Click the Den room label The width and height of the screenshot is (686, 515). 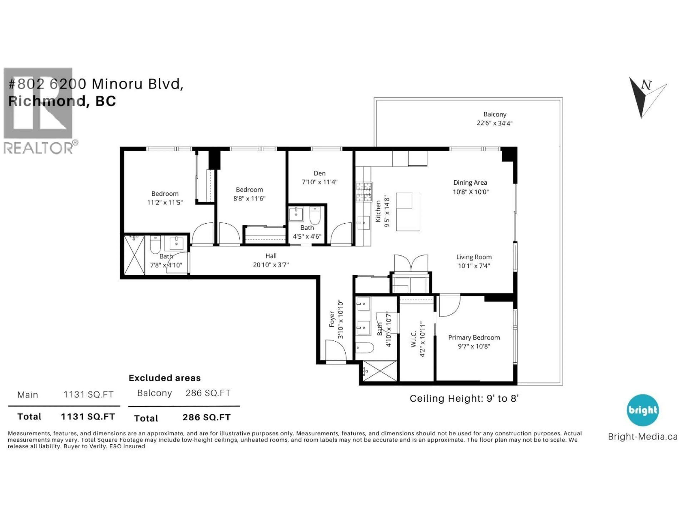click(x=319, y=173)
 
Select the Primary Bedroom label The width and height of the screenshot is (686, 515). click(x=474, y=337)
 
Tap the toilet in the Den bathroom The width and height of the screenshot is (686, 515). click(x=315, y=216)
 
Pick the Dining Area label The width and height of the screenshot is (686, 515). click(x=470, y=183)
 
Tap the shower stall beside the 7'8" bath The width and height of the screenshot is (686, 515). click(x=134, y=255)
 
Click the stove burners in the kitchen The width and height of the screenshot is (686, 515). click(x=364, y=192)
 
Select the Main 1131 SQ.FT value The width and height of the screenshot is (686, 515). click(x=88, y=394)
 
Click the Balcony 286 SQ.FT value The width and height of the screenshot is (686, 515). click(x=208, y=393)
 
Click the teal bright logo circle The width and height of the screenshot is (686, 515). click(x=643, y=410)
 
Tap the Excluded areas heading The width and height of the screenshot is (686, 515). click(x=165, y=378)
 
